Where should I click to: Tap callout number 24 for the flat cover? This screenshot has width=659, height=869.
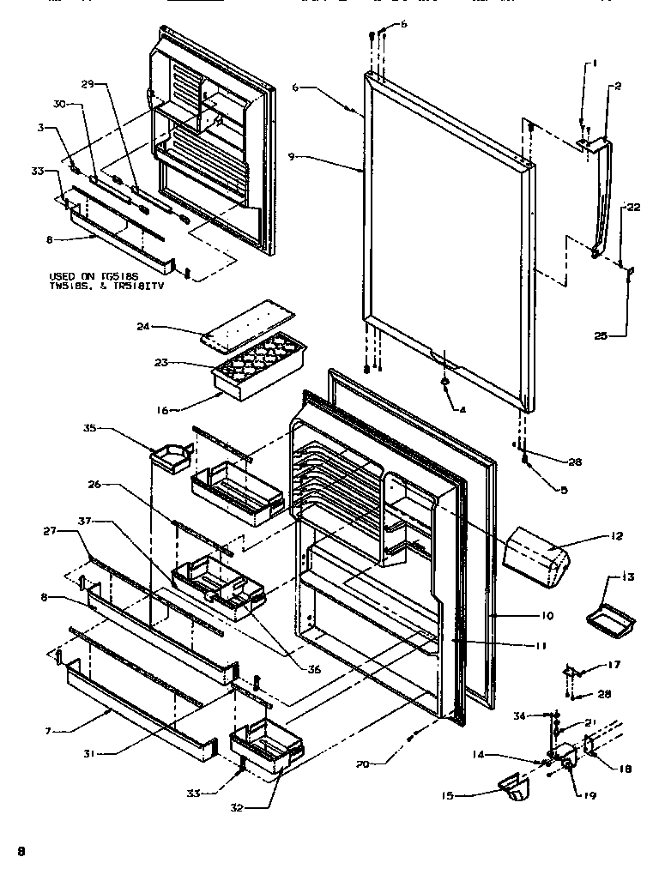tap(143, 326)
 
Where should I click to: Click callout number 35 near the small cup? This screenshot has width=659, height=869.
tap(88, 426)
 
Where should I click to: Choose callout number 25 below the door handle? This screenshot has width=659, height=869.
tap(601, 336)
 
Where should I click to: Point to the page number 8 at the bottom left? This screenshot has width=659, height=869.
tap(22, 851)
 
